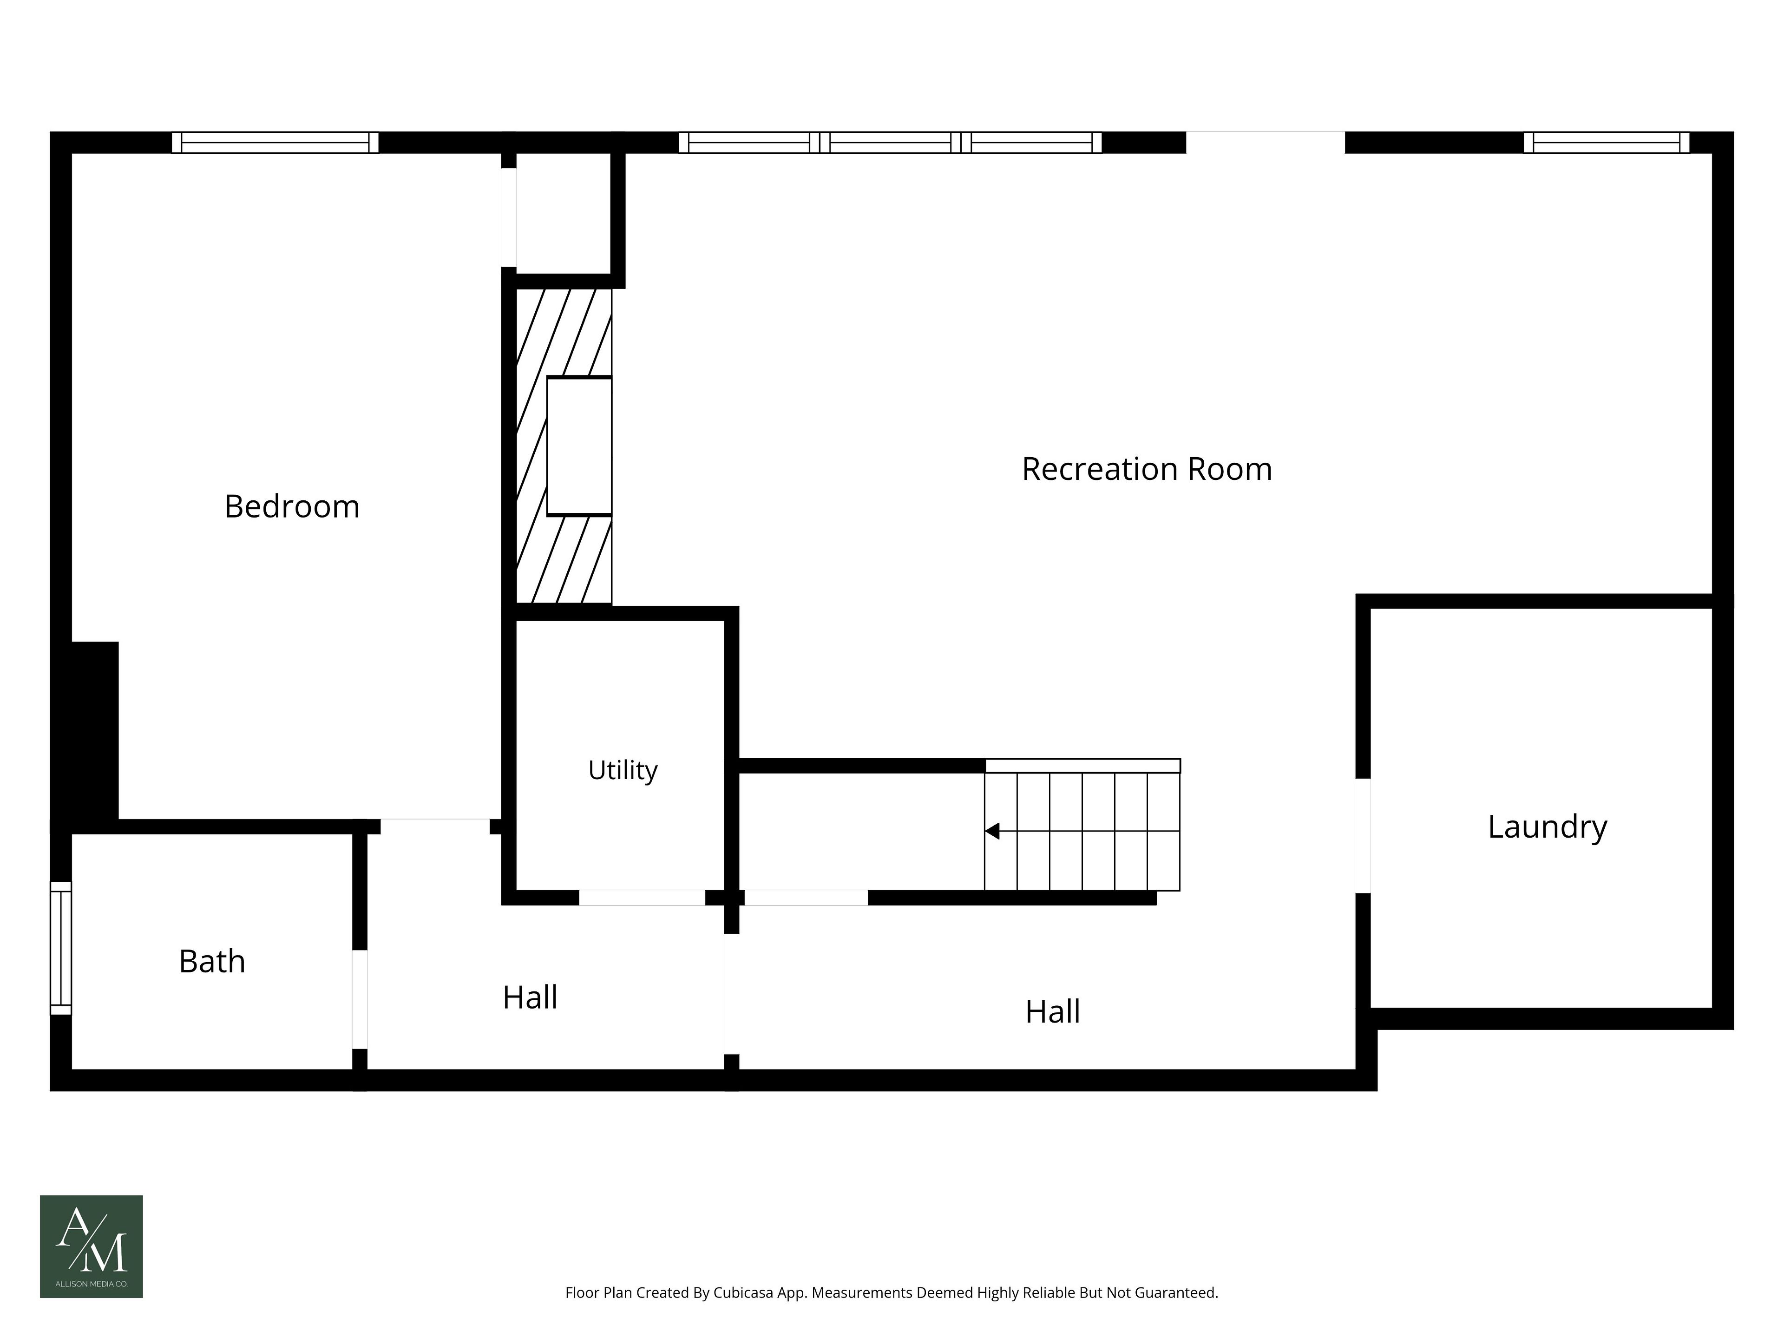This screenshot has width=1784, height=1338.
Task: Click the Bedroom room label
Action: pos(292,506)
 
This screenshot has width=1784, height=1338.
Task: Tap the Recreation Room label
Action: pos(1147,469)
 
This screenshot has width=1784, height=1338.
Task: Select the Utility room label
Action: pos(623,770)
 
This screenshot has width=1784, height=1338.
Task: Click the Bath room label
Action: pos(212,961)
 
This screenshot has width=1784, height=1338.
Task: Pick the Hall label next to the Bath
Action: pos(530,997)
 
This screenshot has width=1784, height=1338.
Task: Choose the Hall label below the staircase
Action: pos(1052,1011)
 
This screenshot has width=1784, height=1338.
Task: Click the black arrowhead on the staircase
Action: pos(992,831)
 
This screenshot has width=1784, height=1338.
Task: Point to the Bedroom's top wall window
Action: pos(275,143)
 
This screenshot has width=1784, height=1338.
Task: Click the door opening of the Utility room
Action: pos(642,898)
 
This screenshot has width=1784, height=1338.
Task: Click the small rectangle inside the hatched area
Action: pos(579,446)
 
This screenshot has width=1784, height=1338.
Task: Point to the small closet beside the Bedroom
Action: pos(563,213)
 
